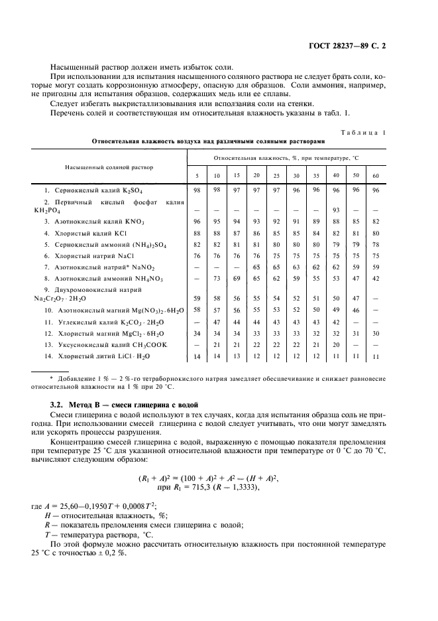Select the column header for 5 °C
click(196, 175)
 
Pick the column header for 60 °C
click(376, 175)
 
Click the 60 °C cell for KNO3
click(376, 220)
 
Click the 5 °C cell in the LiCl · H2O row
click(196, 357)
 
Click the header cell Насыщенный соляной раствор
click(108, 167)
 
